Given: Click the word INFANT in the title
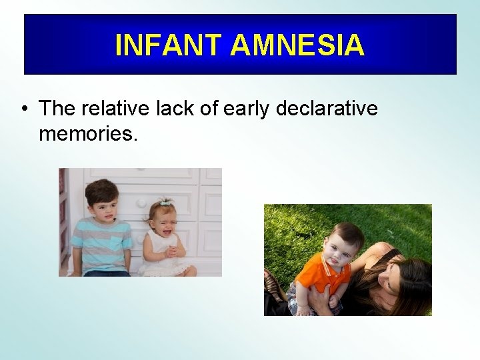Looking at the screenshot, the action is tap(169, 45).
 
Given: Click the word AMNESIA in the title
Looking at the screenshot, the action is tap(297, 45).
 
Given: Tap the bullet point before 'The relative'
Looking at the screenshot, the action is tap(25, 109).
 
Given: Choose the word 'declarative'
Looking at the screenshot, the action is tap(327, 108).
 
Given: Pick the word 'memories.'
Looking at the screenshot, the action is tap(88, 133).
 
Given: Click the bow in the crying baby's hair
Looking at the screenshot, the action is tap(165, 202).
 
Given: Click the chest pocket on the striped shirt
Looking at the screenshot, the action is tap(117, 242).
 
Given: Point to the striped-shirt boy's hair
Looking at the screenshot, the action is tap(101, 191).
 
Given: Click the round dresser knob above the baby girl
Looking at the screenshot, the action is tap(141, 203).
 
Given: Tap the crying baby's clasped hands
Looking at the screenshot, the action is tap(170, 251).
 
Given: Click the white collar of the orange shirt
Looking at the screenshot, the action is tap(328, 264).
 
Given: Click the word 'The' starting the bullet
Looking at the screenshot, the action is tap(57, 108).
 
